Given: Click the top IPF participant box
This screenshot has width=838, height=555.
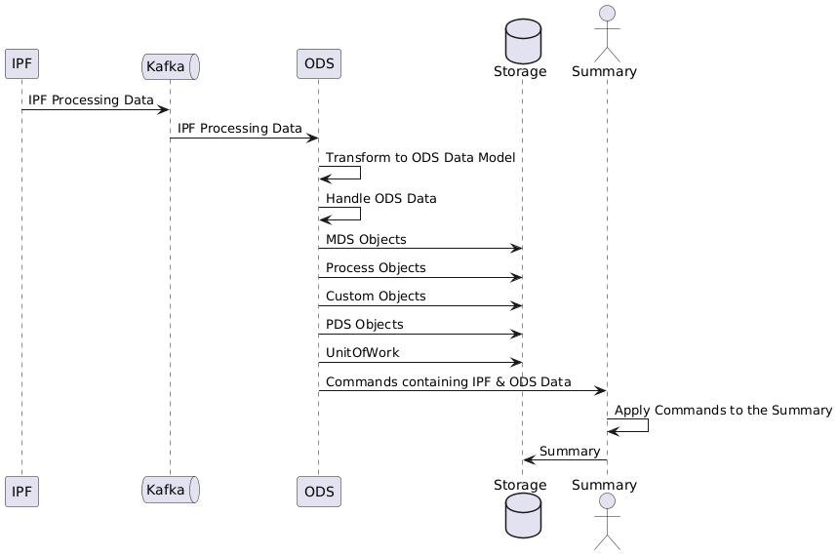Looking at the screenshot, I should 21,64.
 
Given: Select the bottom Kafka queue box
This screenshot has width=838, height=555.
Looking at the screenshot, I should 171,491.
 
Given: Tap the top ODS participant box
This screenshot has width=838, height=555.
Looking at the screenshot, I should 318,64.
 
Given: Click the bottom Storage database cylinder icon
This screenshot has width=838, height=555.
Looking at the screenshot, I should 522,518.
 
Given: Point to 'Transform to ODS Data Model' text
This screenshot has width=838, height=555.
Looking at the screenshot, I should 420,158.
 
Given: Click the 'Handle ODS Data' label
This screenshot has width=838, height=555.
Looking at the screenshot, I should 381,199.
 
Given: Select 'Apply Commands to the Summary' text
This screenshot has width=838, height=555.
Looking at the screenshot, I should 723,411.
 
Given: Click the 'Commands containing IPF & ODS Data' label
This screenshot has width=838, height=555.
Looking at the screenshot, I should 449,381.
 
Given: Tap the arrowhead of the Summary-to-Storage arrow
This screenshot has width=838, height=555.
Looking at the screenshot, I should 528,460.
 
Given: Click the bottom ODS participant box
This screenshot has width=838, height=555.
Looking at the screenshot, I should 318,491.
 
